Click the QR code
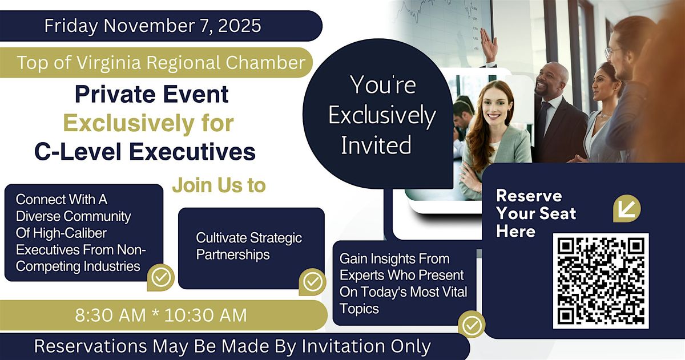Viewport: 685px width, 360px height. [601, 281]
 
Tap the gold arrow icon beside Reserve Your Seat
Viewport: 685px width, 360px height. [627, 208]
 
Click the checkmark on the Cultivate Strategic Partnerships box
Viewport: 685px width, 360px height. [313, 282]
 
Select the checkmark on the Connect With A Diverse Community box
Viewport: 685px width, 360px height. [161, 277]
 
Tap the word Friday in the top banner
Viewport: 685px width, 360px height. [71, 26]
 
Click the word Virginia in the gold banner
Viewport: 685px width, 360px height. [108, 63]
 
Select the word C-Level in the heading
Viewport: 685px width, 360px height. [78, 152]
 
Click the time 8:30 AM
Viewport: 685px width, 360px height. [110, 315]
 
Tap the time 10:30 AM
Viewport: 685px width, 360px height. [205, 315]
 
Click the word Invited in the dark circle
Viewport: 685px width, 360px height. [376, 145]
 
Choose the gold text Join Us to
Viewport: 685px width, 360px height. [219, 185]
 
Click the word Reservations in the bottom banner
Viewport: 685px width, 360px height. [91, 346]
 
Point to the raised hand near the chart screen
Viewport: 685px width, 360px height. [489, 45]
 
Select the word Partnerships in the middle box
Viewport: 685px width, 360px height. [233, 255]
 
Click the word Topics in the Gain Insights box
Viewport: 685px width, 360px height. [359, 309]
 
